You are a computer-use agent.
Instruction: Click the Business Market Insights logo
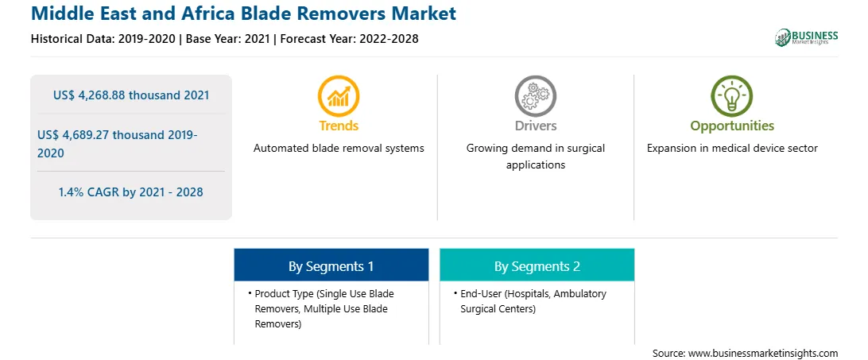coord(806,37)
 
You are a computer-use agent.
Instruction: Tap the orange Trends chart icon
coord(339,96)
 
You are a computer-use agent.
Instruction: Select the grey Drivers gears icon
coord(535,96)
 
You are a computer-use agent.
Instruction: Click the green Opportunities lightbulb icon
coord(732,96)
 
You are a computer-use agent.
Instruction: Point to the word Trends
coord(339,126)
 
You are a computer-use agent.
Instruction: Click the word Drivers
coord(535,126)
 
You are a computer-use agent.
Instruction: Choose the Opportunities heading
coord(732,126)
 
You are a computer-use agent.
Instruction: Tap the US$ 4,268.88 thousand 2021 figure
coord(131,95)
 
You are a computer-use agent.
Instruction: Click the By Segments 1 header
coord(331,266)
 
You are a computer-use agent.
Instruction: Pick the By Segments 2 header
coord(537,266)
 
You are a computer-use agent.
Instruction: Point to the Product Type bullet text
coord(324,308)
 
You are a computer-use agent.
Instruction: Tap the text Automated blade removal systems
coord(339,148)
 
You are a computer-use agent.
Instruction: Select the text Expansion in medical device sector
coord(732,148)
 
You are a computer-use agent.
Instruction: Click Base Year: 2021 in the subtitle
coord(227,39)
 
